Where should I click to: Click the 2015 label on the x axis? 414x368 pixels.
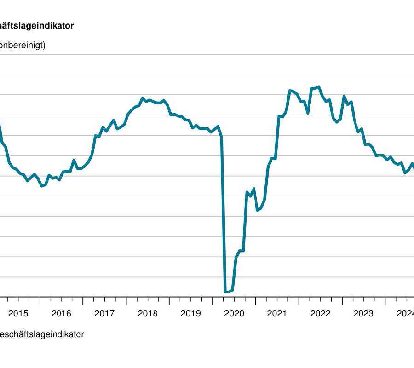pos(18,314)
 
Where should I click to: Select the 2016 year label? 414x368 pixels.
pos(61,314)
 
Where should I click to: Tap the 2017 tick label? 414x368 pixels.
pos(104,314)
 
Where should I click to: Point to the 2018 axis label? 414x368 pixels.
pos(148,314)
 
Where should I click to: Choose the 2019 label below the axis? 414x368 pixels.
pos(190,314)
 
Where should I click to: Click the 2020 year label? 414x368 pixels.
pos(234,314)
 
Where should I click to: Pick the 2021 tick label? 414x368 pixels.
pos(277,314)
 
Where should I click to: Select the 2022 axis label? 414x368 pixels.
pos(320,314)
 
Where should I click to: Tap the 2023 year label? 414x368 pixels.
pos(363,314)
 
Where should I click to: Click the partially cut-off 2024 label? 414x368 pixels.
pos(406,314)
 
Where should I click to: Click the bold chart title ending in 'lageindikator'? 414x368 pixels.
pos(37,26)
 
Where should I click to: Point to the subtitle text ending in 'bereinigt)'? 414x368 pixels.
pos(23,46)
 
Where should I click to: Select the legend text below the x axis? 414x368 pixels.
pos(42,334)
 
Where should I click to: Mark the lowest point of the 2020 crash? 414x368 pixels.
pos(225,292)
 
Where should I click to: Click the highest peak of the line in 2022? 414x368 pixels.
pos(319,86)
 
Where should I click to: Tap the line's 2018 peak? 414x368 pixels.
pos(143,98)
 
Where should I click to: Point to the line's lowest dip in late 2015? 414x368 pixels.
pos(42,186)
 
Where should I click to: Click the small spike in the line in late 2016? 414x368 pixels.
pos(74,160)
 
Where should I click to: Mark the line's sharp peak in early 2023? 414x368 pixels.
pos(344,96)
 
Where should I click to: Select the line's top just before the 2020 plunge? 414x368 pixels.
pos(218,126)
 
